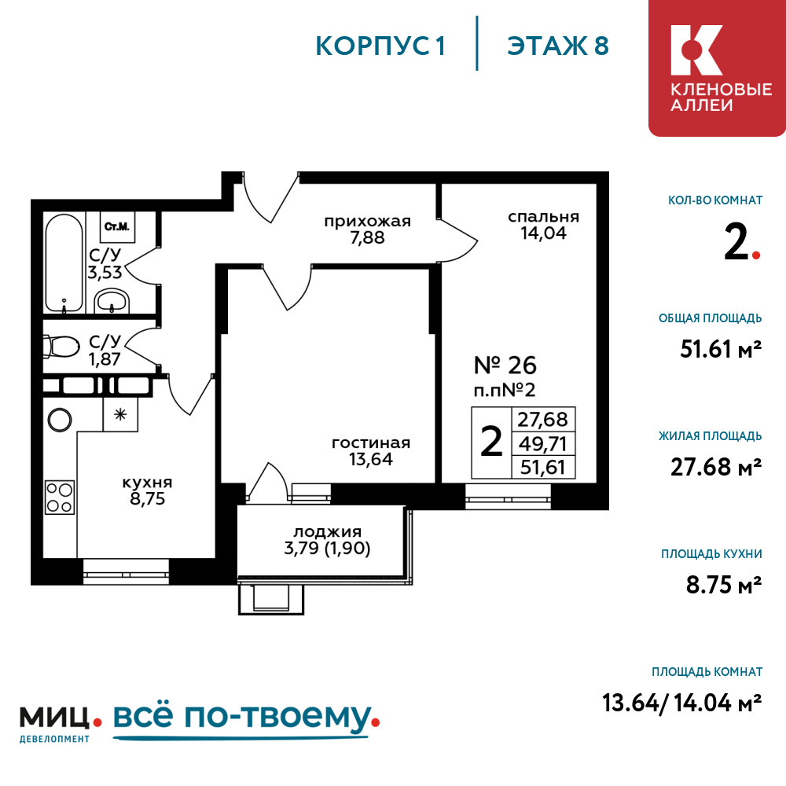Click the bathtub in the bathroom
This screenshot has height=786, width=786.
[64, 263]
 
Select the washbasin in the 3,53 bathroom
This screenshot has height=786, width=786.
[112, 301]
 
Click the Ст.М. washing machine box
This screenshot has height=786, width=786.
[117, 226]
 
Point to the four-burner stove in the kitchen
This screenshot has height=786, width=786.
[60, 498]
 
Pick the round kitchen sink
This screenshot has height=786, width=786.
[60, 419]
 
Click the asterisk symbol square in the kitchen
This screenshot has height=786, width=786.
[120, 414]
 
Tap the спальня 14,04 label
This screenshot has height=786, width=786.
[543, 225]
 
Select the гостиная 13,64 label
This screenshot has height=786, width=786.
[371, 451]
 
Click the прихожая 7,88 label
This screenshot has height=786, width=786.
[367, 229]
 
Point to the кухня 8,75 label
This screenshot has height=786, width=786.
[148, 490]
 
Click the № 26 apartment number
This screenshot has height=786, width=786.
[505, 365]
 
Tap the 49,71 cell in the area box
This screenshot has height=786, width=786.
[543, 443]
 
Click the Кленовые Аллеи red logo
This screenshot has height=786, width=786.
[717, 68]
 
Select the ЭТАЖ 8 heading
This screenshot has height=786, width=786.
[558, 46]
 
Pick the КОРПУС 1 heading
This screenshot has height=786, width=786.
[380, 46]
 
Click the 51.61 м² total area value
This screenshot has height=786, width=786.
[721, 349]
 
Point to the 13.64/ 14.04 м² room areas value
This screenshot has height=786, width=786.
[681, 703]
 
